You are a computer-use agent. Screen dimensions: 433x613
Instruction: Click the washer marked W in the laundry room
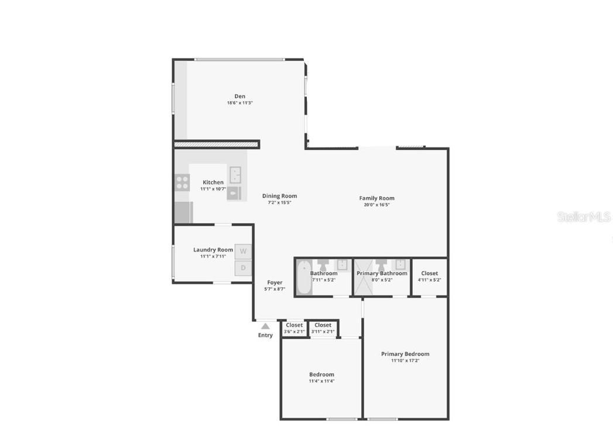[243, 252]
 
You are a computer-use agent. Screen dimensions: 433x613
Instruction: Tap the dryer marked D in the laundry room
[243, 268]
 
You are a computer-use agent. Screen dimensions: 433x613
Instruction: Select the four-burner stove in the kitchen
[182, 182]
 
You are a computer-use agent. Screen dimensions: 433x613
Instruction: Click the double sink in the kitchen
[236, 174]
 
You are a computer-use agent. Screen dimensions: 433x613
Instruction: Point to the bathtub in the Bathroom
[303, 278]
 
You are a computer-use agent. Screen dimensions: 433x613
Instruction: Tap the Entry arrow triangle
[265, 326]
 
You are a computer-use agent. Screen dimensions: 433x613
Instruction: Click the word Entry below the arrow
[265, 335]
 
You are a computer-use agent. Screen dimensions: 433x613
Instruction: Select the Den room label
[240, 97]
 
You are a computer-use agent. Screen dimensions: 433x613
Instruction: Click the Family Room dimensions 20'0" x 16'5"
[376, 205]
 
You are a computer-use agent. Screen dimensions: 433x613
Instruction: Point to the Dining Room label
[279, 196]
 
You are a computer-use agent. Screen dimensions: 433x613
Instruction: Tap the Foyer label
[275, 283]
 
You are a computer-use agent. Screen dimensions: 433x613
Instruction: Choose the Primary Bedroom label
[405, 354]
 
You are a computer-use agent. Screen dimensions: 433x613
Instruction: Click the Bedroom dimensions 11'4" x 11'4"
[321, 381]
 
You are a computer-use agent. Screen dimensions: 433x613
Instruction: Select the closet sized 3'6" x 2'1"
[294, 328]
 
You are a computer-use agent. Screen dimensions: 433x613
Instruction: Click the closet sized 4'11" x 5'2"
[429, 276]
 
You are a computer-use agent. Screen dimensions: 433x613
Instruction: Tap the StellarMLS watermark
[584, 217]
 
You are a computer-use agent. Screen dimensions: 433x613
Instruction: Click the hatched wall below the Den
[217, 144]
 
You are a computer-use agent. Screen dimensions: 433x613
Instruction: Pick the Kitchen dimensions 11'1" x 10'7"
[213, 189]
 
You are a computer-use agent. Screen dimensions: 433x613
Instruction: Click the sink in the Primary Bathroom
[401, 263]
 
